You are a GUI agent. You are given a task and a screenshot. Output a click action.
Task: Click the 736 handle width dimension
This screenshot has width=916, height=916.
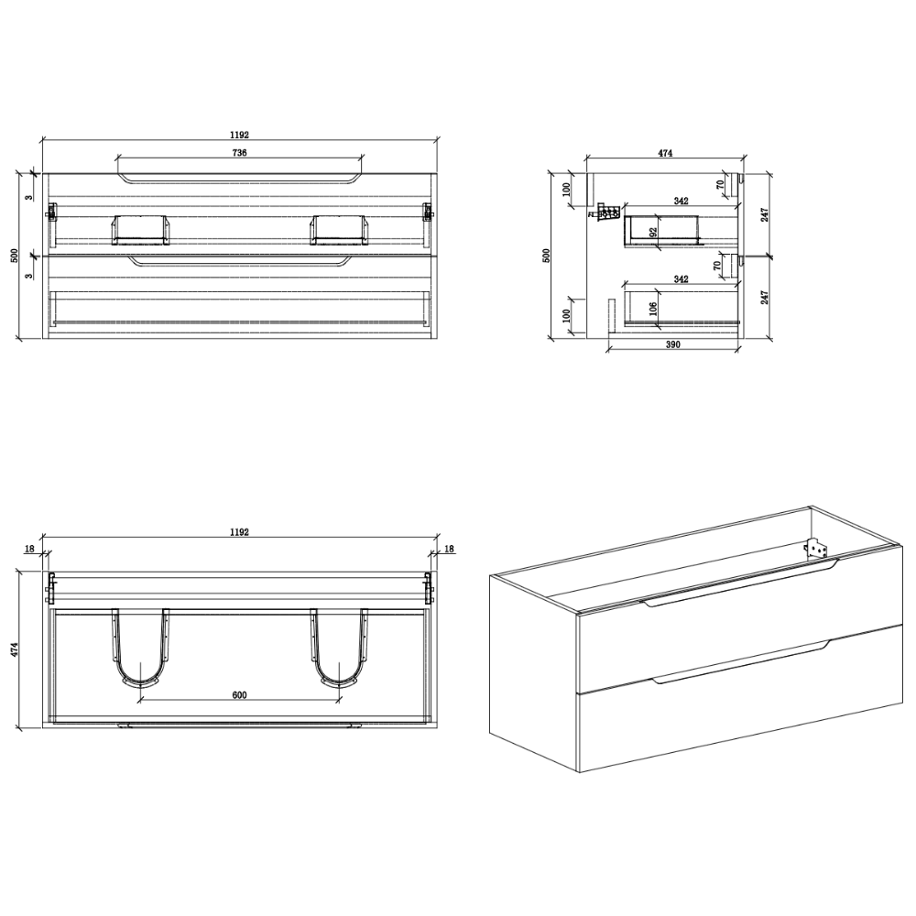point(239,152)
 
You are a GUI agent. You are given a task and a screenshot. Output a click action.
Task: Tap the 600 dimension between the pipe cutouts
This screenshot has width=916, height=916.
point(239,694)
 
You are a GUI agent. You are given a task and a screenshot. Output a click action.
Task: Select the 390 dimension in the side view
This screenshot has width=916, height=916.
point(673,344)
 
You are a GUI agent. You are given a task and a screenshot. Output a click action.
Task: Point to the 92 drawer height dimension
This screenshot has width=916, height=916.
point(654,232)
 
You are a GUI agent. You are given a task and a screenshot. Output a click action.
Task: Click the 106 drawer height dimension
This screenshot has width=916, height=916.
point(654,308)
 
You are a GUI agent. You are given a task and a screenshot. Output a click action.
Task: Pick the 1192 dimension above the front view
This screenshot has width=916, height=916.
point(239,135)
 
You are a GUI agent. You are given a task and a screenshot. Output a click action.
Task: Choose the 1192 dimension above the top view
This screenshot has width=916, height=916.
point(239,532)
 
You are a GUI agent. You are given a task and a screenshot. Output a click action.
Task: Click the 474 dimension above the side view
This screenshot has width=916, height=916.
point(665,153)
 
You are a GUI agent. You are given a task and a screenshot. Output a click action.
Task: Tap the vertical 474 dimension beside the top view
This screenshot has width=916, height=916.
point(16,649)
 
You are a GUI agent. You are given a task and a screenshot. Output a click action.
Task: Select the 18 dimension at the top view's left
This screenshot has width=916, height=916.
point(30,549)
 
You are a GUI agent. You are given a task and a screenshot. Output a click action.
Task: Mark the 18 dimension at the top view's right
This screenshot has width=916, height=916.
point(449,549)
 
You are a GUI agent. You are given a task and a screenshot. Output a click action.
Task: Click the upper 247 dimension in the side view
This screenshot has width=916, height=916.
point(765,214)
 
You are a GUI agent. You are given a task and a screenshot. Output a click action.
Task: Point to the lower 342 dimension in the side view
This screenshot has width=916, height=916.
point(682,279)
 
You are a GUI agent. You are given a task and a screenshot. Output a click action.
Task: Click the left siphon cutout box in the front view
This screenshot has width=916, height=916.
point(140,230)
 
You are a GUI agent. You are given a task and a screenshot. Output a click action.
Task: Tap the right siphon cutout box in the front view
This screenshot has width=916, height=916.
point(340,230)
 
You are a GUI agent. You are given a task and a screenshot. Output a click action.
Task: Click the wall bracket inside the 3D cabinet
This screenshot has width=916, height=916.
point(817,549)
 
